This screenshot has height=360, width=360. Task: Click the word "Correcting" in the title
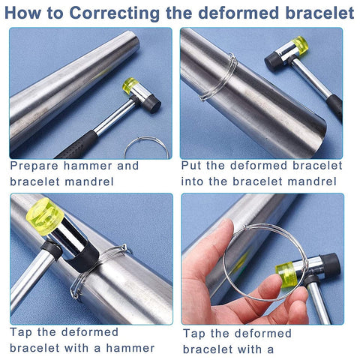114,13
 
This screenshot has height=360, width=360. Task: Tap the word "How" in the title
22,13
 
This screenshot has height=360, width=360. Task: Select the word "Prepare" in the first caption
34,166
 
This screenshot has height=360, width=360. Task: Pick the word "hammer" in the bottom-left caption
130,348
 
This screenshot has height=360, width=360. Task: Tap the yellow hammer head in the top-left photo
130,85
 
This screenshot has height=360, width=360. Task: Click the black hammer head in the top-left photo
151,104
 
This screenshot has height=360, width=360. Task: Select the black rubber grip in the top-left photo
77,145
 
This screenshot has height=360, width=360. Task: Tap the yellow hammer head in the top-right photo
300,46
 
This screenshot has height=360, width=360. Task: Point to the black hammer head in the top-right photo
273,61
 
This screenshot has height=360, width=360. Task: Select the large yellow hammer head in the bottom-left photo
45,217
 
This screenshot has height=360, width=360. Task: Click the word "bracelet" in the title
320,13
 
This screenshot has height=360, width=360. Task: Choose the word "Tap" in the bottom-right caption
193,334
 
